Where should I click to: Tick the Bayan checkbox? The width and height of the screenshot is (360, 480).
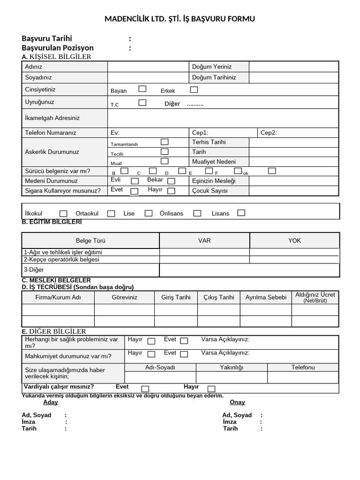(x=142, y=89)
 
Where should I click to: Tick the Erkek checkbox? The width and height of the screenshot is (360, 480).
(x=194, y=90)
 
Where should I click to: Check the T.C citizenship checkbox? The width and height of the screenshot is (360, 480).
(x=142, y=103)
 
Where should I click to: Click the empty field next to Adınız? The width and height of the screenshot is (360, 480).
(x=148, y=67)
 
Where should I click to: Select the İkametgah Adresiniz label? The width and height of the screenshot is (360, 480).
(x=52, y=118)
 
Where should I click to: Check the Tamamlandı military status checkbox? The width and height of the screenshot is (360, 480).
(x=165, y=142)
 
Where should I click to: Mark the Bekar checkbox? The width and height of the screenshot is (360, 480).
(x=171, y=181)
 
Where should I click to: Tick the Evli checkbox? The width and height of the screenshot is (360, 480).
(x=135, y=181)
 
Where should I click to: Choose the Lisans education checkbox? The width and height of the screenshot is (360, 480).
(x=241, y=213)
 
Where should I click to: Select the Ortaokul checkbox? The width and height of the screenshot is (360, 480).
(x=111, y=214)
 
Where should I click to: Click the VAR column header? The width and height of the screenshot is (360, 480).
(x=204, y=240)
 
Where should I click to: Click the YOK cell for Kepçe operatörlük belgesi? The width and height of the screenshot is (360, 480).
(x=294, y=259)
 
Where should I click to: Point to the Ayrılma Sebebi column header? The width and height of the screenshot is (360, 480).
(x=266, y=297)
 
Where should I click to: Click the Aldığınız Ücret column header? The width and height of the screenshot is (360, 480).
(x=315, y=297)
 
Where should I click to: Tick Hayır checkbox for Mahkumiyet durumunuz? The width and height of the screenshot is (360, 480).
(x=151, y=354)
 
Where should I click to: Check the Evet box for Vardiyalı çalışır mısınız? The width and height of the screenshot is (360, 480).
(x=145, y=389)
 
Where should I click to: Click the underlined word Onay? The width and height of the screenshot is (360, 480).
(x=237, y=402)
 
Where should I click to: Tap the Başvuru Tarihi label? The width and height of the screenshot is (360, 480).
(x=47, y=38)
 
